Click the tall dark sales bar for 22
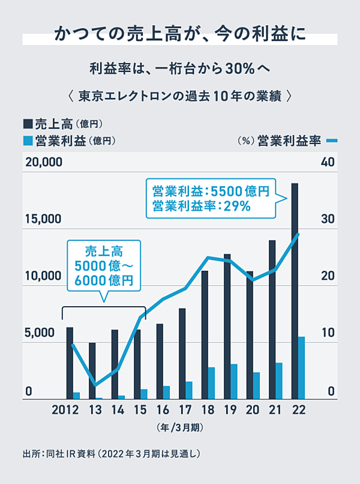[x=295, y=291]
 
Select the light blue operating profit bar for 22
[x=301, y=368]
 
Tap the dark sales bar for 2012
[x=70, y=363]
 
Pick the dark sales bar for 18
[x=205, y=334]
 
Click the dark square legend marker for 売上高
[x=28, y=124]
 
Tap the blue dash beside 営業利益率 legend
[x=333, y=141]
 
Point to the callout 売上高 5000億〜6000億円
[x=103, y=265]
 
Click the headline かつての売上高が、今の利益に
[x=180, y=34]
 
